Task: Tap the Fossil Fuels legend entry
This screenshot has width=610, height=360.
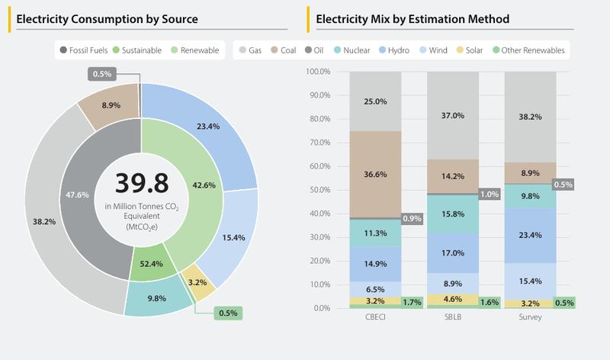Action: pos(84,51)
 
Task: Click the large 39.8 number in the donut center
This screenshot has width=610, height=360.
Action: pos(141,183)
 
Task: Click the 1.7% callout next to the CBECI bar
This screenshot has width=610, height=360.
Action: pos(412,302)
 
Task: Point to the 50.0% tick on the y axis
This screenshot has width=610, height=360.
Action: pos(317,190)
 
